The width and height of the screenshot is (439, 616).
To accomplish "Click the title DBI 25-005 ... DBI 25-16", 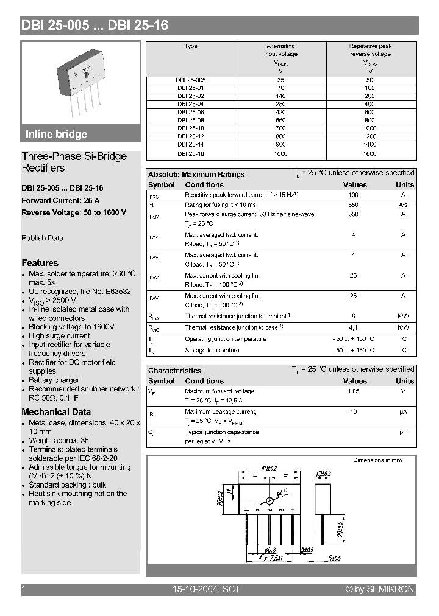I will tap(95, 26).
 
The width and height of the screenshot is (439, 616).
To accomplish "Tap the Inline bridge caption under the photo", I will tap(56, 135).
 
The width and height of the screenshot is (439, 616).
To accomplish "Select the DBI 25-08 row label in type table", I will tap(191, 121).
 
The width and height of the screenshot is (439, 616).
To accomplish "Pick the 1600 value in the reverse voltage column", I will tap(370, 154).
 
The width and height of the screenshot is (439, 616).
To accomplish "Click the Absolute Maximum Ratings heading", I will tap(196, 174).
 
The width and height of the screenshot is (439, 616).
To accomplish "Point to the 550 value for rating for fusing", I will tap(353, 205).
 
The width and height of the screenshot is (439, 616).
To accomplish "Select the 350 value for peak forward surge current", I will tap(353, 215).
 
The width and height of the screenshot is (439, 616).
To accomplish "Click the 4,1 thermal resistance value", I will tap(353, 327).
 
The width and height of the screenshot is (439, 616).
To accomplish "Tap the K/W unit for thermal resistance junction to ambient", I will tap(403, 317).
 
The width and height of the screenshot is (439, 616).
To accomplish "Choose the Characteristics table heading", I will tap(174, 370).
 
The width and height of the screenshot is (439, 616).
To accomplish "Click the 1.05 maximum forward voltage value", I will tap(353, 391).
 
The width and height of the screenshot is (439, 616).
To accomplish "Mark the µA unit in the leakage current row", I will tap(403, 412).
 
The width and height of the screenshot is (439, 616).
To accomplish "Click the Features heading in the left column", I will tap(40, 263).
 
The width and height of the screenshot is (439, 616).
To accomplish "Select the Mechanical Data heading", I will tap(56, 412).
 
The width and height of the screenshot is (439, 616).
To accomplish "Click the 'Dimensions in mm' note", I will tap(377, 460).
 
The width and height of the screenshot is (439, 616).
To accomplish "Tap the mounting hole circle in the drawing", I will tap(269, 500).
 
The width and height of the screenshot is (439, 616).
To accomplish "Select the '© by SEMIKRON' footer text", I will tap(380, 589).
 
